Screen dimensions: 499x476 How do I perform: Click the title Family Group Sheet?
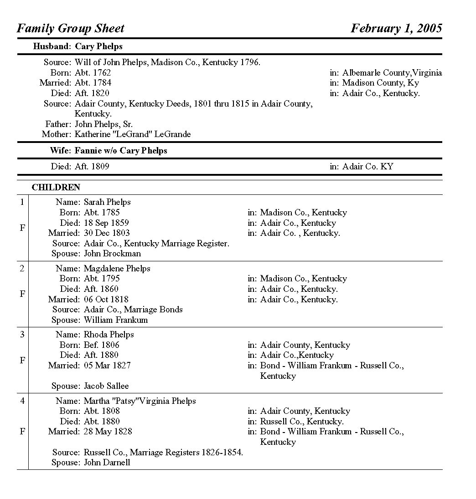(x=71, y=28)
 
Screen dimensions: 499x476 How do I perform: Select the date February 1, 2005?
(x=396, y=28)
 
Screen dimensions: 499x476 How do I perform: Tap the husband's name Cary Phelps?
(x=98, y=46)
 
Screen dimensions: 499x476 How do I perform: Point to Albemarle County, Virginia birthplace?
(x=392, y=73)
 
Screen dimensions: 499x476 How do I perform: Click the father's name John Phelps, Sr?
(x=104, y=124)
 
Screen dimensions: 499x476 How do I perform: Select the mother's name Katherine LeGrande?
(x=133, y=134)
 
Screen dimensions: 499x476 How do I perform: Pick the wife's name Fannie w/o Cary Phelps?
(x=121, y=151)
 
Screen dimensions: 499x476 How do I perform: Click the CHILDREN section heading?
(x=56, y=188)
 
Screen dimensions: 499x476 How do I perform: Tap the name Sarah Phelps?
(x=107, y=202)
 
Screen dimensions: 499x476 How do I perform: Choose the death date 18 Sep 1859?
(x=106, y=223)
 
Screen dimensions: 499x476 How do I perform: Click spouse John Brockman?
(x=112, y=254)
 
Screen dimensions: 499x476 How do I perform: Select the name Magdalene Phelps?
(x=117, y=269)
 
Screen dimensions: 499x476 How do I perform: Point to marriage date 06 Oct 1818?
(x=106, y=300)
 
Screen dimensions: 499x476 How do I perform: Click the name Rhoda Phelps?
(x=109, y=335)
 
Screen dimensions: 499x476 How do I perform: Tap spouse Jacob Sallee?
(x=106, y=386)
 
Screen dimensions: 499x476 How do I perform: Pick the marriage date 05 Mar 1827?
(x=107, y=366)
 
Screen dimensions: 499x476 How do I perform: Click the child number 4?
(x=22, y=401)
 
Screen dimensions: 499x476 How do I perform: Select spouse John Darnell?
(x=107, y=463)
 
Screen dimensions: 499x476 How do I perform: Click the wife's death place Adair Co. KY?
(x=367, y=167)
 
